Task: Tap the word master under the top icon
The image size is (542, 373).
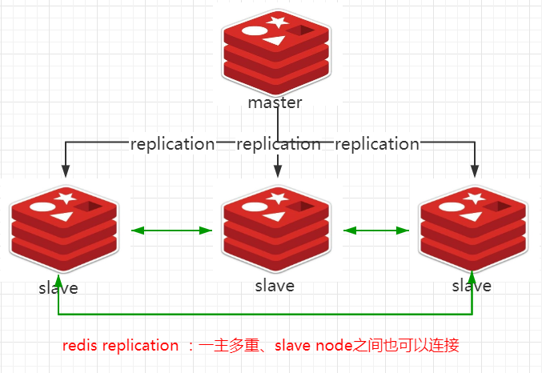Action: pyautogui.click(x=275, y=102)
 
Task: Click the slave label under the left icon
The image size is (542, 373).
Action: pyautogui.click(x=58, y=287)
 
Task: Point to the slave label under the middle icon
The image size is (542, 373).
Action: pyautogui.click(x=275, y=285)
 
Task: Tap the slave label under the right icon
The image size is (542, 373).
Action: pyautogui.click(x=472, y=286)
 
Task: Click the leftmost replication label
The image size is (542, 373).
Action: pyautogui.click(x=172, y=144)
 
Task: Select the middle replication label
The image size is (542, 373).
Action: pyautogui.click(x=278, y=144)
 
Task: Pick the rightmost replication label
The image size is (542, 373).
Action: pyautogui.click(x=376, y=144)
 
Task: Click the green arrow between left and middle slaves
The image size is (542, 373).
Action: pyautogui.click(x=171, y=231)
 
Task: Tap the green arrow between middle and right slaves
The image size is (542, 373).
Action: pyautogui.click(x=375, y=231)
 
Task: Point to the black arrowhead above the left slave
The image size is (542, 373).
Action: pyautogui.click(x=65, y=170)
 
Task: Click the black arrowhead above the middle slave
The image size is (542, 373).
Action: pyautogui.click(x=278, y=170)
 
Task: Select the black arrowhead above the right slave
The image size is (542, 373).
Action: pyautogui.click(x=474, y=170)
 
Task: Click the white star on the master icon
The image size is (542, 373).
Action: pyautogui.click(x=278, y=22)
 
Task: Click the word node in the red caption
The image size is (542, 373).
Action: pyautogui.click(x=335, y=346)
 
